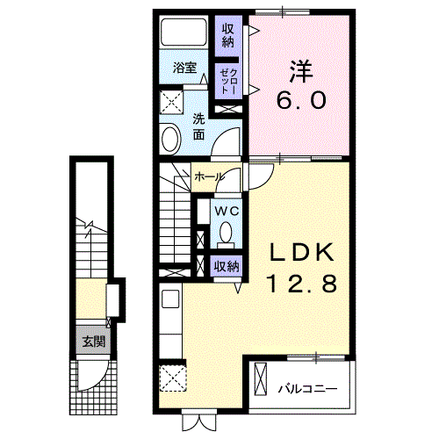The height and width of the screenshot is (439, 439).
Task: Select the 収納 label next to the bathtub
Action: [228, 35]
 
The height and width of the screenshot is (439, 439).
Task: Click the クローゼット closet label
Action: [227, 79]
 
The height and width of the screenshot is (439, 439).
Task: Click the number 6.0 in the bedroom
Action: [301, 100]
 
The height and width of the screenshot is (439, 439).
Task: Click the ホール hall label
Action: [208, 176]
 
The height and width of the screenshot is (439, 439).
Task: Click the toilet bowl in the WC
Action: [226, 234]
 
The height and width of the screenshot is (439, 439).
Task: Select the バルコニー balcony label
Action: [305, 386]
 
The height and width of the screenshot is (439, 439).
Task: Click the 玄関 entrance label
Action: [90, 341]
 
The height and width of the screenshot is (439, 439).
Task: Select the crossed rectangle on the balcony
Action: [261, 379]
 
